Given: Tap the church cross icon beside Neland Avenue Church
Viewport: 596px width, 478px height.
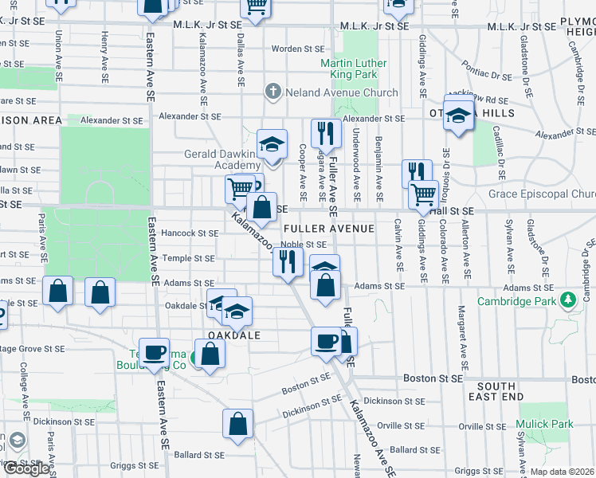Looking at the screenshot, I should coord(273,92).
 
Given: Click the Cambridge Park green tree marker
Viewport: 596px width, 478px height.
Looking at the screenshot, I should coord(567,300).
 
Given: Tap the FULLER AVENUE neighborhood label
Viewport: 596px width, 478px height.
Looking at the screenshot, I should coord(328,229).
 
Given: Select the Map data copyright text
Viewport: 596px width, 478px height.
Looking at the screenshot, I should coord(560,472).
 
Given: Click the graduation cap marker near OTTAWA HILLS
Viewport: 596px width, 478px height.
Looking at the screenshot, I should coord(459,114).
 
